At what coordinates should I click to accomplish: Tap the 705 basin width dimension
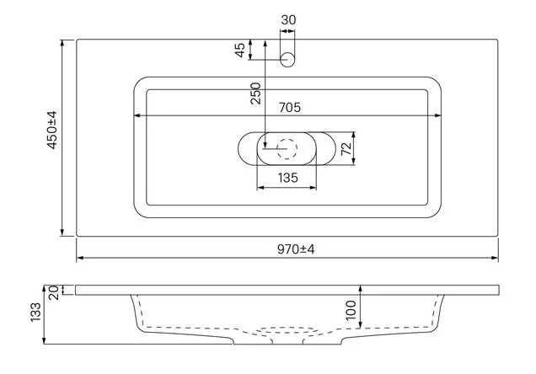tap(290, 107)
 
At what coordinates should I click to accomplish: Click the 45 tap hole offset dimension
tap(240, 51)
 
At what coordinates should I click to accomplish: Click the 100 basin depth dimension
tap(351, 309)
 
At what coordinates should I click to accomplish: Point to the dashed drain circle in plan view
tap(288, 149)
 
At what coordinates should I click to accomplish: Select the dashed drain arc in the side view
tap(288, 330)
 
